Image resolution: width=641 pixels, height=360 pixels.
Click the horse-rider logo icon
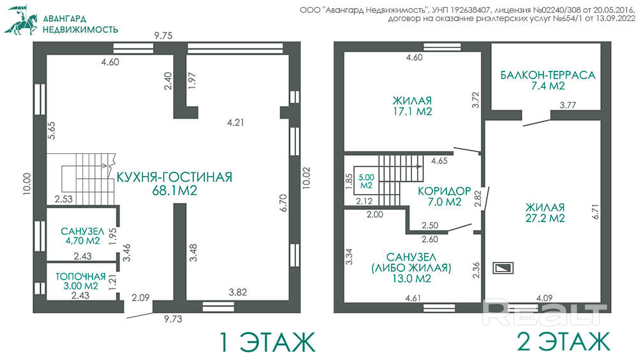pos(21,20)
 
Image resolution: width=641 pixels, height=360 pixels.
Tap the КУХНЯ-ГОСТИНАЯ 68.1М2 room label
pos(175,184)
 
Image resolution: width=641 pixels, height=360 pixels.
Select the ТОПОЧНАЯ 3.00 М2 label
pos(80,281)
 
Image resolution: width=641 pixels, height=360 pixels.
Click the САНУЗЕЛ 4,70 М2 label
pos(82,236)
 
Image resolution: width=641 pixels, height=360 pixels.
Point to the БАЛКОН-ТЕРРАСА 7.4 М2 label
pos(548,80)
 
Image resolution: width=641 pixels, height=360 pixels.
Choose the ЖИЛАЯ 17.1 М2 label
pos(413,106)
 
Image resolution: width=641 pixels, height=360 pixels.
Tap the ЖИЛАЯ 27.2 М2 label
pos(545,213)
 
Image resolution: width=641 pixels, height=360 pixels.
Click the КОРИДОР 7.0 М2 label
pos(445,197)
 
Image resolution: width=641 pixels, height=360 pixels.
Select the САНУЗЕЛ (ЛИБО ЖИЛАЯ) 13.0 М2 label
pos(411,268)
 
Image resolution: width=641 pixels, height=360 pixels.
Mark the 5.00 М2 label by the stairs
pos(366,181)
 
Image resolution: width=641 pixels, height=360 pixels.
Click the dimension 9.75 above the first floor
pos(163,36)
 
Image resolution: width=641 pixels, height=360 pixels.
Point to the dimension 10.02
pos(306,178)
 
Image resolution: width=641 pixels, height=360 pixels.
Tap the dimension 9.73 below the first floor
pos(173,319)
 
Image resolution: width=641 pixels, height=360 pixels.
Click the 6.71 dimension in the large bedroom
pos(595,211)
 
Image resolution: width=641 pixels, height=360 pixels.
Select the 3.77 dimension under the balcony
pos(568,105)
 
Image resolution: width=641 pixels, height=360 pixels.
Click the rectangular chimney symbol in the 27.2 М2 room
pos(503,268)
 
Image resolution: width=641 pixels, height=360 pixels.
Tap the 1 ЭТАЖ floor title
pos(268,342)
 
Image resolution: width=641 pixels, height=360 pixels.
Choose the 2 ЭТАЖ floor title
pos(564,342)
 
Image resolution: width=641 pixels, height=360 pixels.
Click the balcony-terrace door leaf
pos(537,123)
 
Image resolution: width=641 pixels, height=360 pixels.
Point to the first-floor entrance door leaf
pos(139,315)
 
